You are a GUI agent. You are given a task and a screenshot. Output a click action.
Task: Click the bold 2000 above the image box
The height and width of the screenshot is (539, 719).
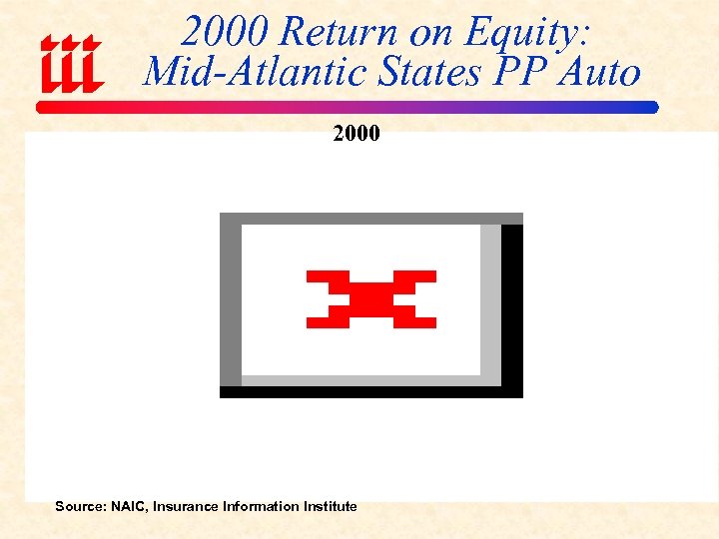tap(357, 133)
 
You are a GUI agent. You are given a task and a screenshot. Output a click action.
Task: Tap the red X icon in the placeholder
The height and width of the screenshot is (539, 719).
tap(370, 298)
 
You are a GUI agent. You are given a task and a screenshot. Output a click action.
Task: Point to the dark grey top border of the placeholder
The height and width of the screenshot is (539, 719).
tap(370, 219)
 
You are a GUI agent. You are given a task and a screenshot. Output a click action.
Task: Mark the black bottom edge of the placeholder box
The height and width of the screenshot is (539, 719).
tap(370, 391)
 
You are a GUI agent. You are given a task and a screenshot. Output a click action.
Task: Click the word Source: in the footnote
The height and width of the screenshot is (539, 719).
tap(79, 506)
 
